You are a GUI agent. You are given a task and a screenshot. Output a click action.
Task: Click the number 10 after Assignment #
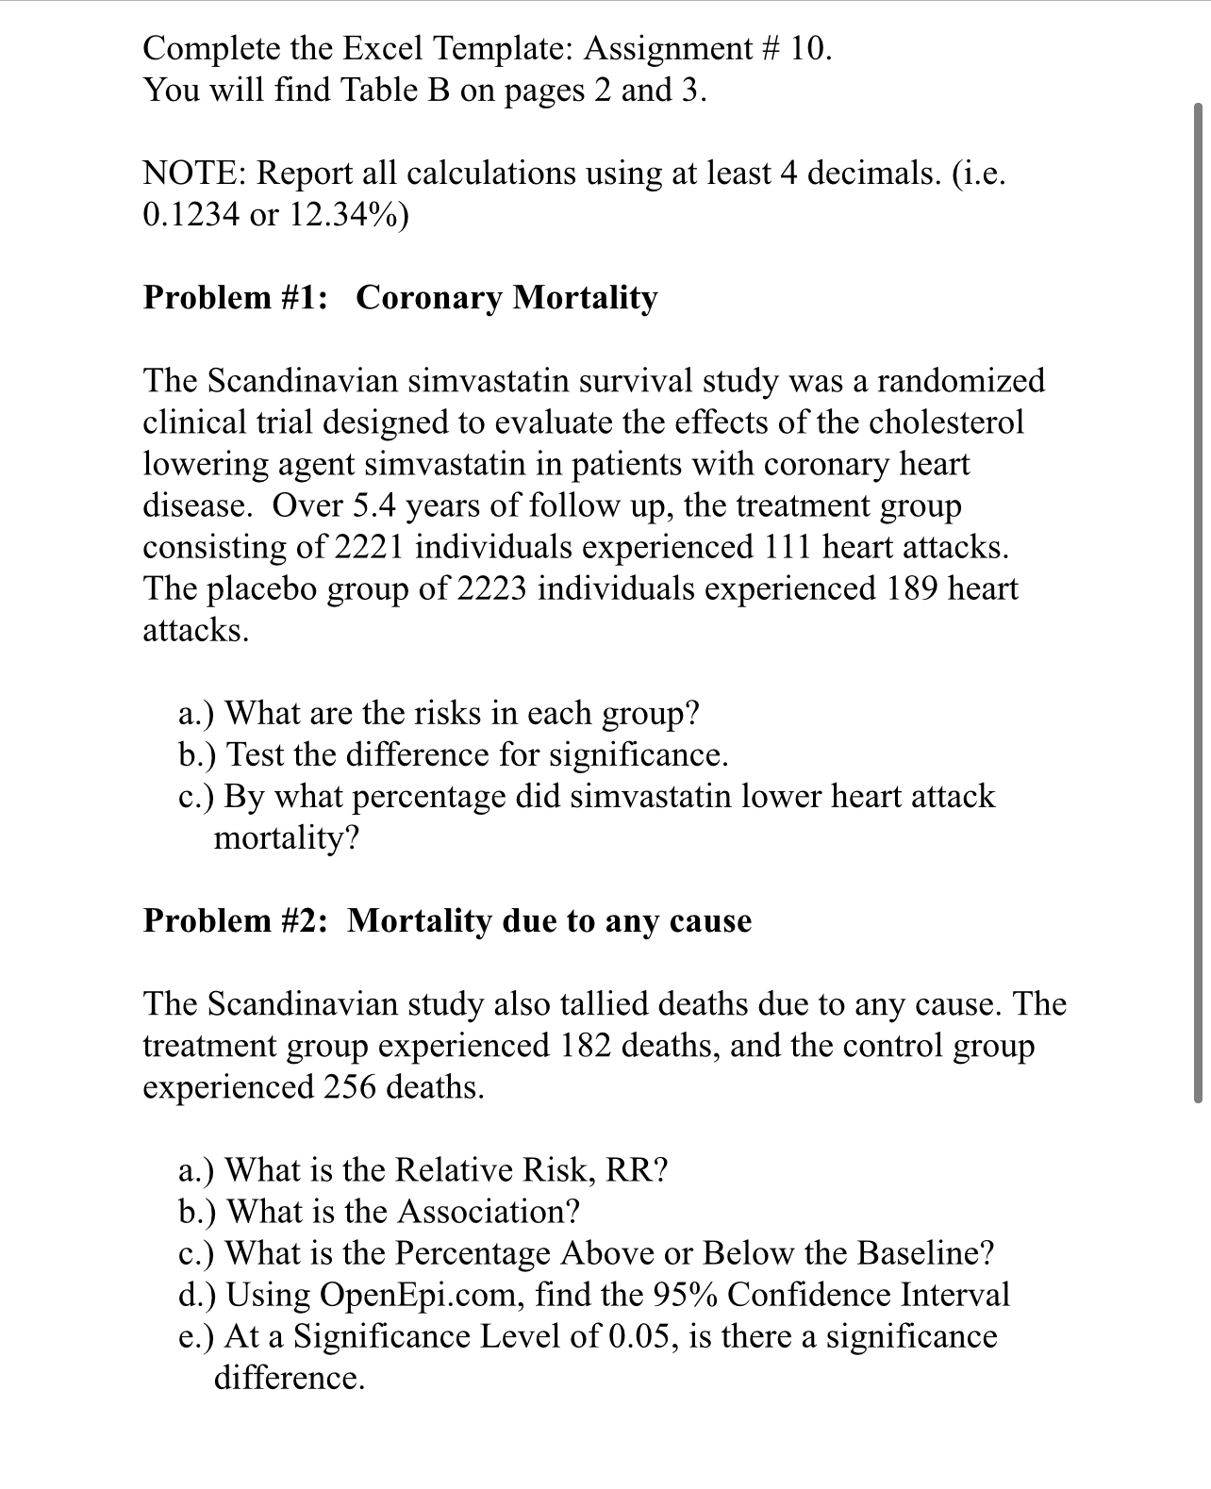807,49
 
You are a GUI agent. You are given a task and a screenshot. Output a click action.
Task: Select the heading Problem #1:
236,298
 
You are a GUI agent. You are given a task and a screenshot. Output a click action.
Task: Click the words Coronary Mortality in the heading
506,298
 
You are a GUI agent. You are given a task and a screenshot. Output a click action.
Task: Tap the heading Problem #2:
236,920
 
